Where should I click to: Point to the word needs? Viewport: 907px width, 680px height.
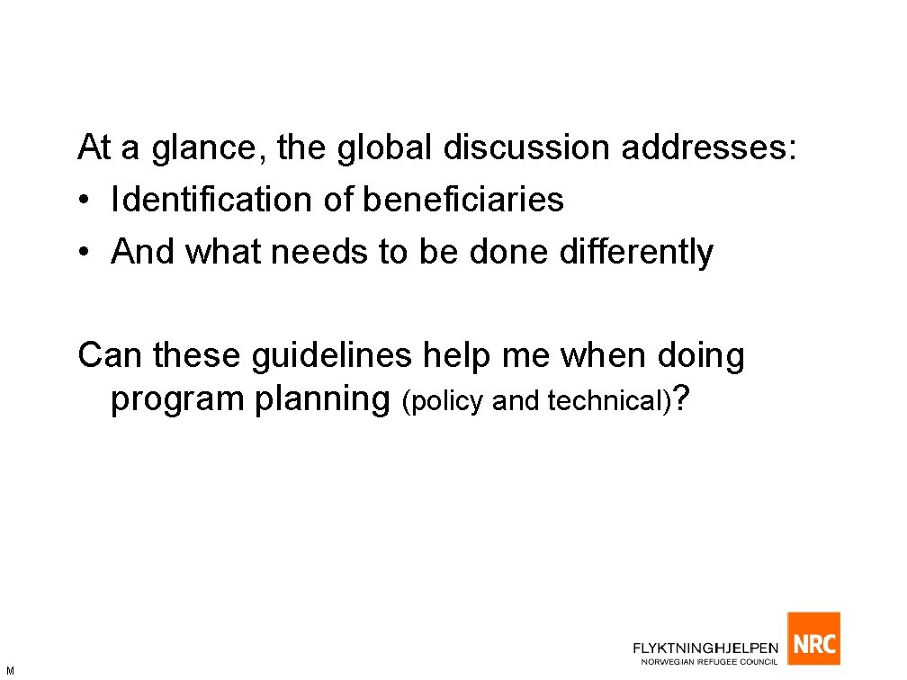[x=320, y=253]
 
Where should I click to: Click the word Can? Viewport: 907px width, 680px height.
[x=111, y=356]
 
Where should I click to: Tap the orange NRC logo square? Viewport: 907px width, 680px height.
[x=813, y=639]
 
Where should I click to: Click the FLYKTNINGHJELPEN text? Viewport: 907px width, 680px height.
[x=706, y=648]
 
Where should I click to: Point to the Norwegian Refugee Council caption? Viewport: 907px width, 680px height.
[x=709, y=662]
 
